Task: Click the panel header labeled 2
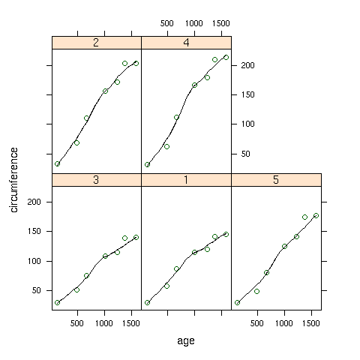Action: click(97, 43)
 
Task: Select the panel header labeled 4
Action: click(186, 43)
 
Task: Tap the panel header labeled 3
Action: click(97, 180)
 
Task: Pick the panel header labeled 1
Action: click(186, 180)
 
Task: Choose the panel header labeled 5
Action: click(276, 180)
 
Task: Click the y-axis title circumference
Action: click(14, 180)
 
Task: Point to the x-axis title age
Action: click(186, 341)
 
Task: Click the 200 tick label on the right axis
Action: click(247, 65)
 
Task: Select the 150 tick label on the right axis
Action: click(247, 94)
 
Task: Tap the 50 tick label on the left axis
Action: click(37, 290)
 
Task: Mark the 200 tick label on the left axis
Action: click(34, 202)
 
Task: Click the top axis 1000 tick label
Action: click(194, 23)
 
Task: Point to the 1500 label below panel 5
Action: click(311, 323)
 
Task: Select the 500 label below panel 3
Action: click(77, 323)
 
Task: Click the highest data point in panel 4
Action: click(226, 58)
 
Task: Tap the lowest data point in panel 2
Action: click(58, 164)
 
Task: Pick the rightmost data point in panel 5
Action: click(316, 215)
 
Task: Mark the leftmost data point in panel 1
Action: click(148, 303)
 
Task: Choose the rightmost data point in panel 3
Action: click(136, 237)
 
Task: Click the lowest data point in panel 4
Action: click(148, 165)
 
